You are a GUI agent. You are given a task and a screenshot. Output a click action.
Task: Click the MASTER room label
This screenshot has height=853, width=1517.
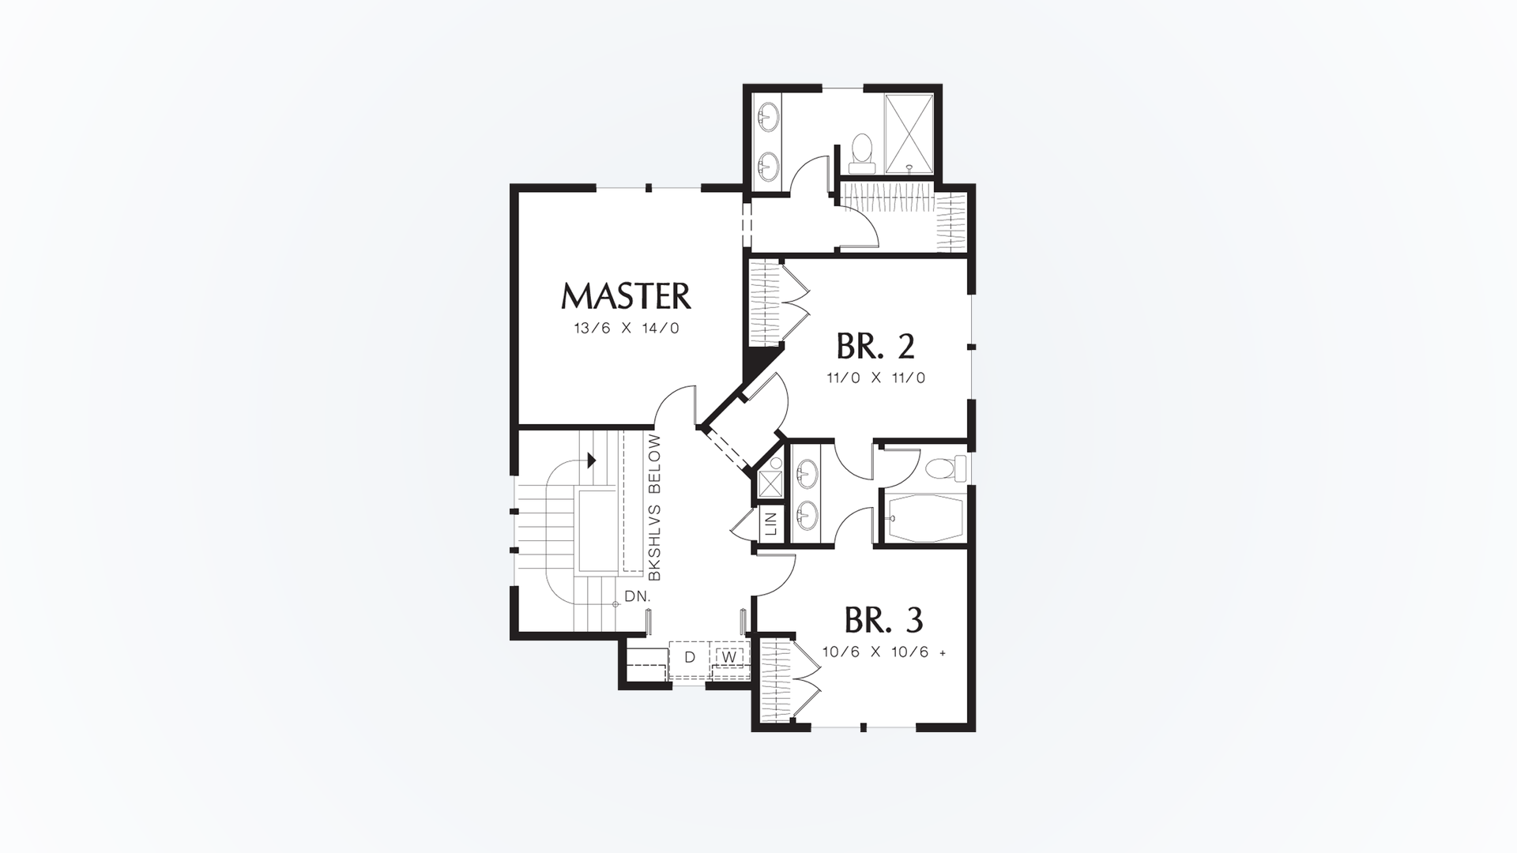626,296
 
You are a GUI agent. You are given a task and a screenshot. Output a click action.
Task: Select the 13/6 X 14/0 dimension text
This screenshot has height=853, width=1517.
627,329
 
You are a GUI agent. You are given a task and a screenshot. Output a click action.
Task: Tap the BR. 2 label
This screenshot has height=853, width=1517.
875,346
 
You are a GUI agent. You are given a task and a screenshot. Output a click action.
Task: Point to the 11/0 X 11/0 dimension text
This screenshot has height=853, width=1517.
875,378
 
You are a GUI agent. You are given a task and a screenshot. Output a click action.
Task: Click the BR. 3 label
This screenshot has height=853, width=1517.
883,621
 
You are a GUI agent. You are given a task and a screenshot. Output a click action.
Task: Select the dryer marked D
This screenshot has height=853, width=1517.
689,657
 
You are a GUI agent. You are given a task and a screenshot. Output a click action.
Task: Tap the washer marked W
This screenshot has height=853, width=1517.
730,656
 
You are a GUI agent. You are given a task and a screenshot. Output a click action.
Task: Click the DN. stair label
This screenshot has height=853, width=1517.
637,596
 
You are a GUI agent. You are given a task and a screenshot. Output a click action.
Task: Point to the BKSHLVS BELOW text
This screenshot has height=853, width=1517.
654,508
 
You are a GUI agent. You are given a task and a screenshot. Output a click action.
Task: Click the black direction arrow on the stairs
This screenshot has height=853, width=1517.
590,460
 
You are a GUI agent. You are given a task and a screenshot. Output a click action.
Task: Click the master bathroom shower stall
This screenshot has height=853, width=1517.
909,133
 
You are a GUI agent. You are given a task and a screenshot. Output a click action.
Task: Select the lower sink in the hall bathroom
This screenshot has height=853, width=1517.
807,517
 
